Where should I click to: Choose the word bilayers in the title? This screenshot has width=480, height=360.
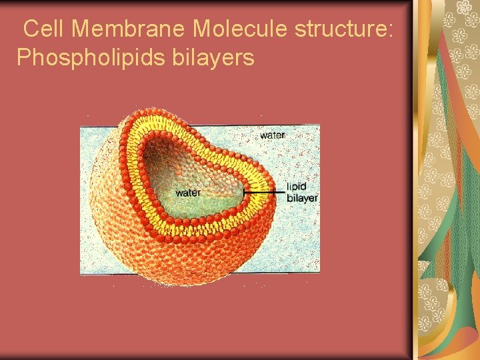click(x=213, y=58)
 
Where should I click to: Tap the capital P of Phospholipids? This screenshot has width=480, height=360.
click(x=24, y=58)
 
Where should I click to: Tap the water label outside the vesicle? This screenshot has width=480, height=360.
click(x=272, y=135)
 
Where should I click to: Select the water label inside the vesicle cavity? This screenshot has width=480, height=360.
click(x=187, y=193)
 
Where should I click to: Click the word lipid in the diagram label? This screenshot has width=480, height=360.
click(x=296, y=187)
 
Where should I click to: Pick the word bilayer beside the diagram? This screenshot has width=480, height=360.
click(x=302, y=198)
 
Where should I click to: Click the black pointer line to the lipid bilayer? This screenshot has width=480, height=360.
click(x=263, y=193)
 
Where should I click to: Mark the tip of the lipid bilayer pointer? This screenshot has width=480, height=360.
click(x=244, y=193)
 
